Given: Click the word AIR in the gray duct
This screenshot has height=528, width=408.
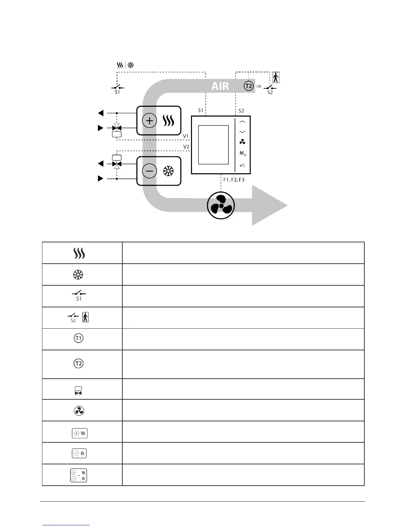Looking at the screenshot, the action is [x=220, y=86].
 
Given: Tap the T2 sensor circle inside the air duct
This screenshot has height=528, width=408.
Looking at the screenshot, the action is [x=249, y=86].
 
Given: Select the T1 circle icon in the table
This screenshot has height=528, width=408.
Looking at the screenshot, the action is [x=78, y=338].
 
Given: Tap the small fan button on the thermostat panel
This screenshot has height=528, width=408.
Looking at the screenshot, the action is [x=242, y=142].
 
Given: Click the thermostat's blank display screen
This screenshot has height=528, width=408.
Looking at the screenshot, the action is [x=213, y=145].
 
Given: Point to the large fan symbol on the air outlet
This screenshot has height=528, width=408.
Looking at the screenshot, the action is [x=221, y=205].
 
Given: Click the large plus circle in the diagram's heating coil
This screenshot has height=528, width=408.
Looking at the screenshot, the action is [x=149, y=121].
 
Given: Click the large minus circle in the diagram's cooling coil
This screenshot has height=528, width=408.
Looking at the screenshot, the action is [x=149, y=171].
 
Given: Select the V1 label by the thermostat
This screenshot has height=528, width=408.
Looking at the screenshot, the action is [x=186, y=136].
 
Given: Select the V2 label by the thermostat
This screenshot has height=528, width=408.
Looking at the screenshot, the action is [x=186, y=147].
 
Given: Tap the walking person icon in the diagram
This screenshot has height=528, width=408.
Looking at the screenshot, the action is [x=276, y=77].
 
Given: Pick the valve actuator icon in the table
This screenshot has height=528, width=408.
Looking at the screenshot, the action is [x=78, y=391].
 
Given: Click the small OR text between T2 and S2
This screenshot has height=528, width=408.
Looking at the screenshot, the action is [x=259, y=87].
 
